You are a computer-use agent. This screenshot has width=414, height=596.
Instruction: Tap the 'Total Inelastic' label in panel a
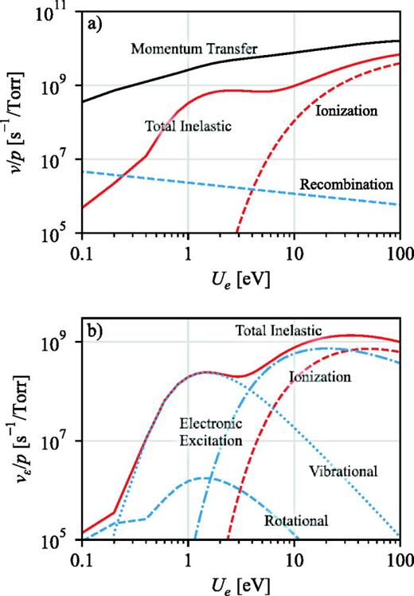pos(183,125)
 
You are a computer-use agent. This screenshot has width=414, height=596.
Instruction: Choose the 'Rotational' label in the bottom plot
pos(295,520)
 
